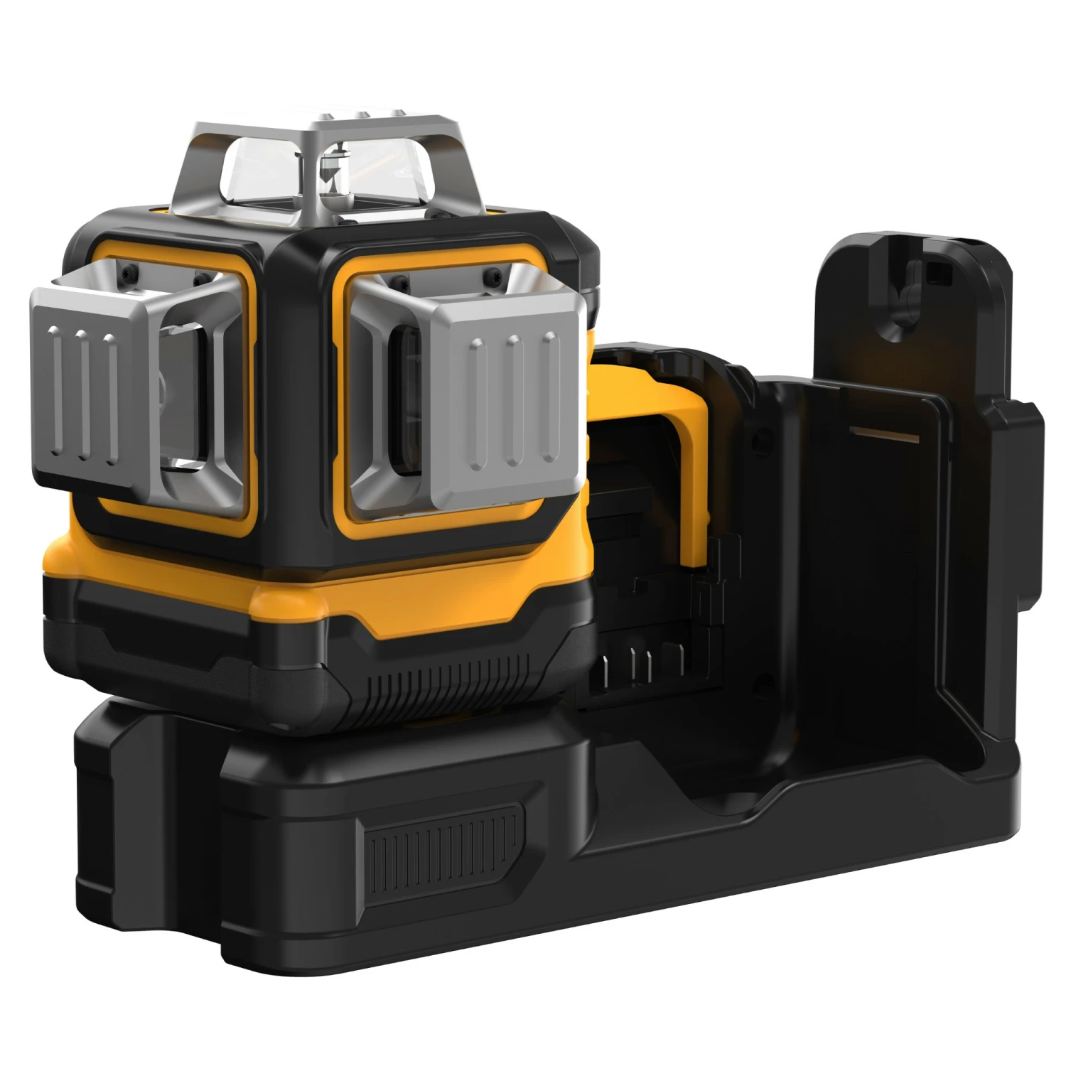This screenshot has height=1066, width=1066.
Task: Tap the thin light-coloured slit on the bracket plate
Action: (x=878, y=432)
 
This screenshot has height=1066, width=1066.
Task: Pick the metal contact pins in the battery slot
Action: (x=640, y=664)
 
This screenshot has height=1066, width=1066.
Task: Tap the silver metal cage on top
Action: (x=334, y=135)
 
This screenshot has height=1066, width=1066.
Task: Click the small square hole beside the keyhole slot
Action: (x=940, y=269)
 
